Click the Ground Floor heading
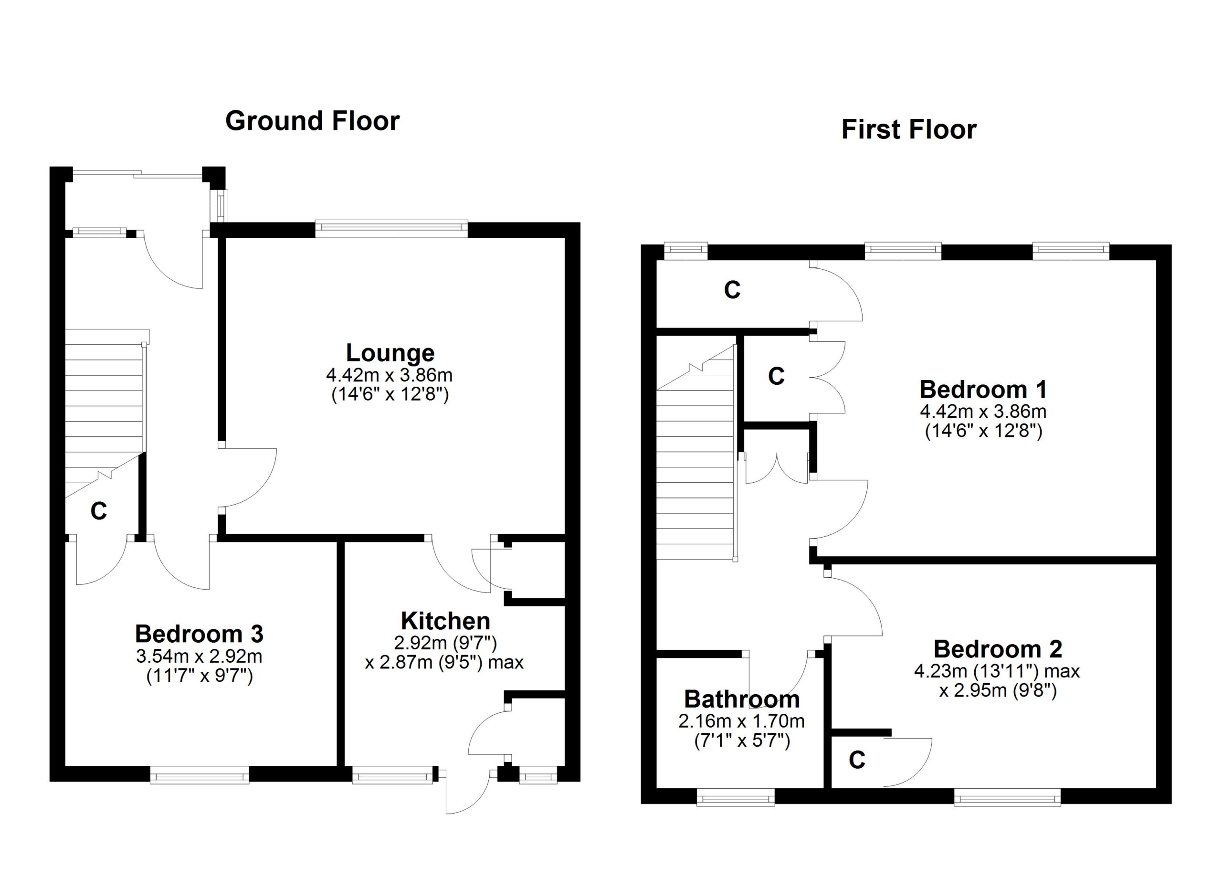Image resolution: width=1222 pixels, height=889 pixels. [x=313, y=121]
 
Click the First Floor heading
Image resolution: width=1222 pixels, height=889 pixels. [x=909, y=129]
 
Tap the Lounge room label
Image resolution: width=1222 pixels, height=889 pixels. [x=390, y=353]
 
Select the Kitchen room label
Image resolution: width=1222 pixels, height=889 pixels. [x=445, y=621]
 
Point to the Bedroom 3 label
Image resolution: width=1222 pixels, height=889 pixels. [x=200, y=634]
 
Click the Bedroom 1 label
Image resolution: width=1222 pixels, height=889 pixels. [x=983, y=389]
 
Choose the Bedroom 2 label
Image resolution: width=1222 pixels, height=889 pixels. [x=998, y=649]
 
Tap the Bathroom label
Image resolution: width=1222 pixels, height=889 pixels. [x=742, y=699]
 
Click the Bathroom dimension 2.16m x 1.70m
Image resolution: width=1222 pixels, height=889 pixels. [x=741, y=721]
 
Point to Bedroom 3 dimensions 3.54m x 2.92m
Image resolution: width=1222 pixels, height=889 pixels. [x=200, y=656]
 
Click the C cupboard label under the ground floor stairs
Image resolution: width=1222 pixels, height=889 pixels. [x=99, y=511]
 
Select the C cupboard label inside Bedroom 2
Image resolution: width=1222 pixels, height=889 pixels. [x=857, y=760]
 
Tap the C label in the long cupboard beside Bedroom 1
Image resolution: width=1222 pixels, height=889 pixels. [x=732, y=290]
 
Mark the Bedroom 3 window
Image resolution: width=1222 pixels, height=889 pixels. [x=200, y=776]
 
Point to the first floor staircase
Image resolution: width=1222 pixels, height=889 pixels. [x=696, y=453]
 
